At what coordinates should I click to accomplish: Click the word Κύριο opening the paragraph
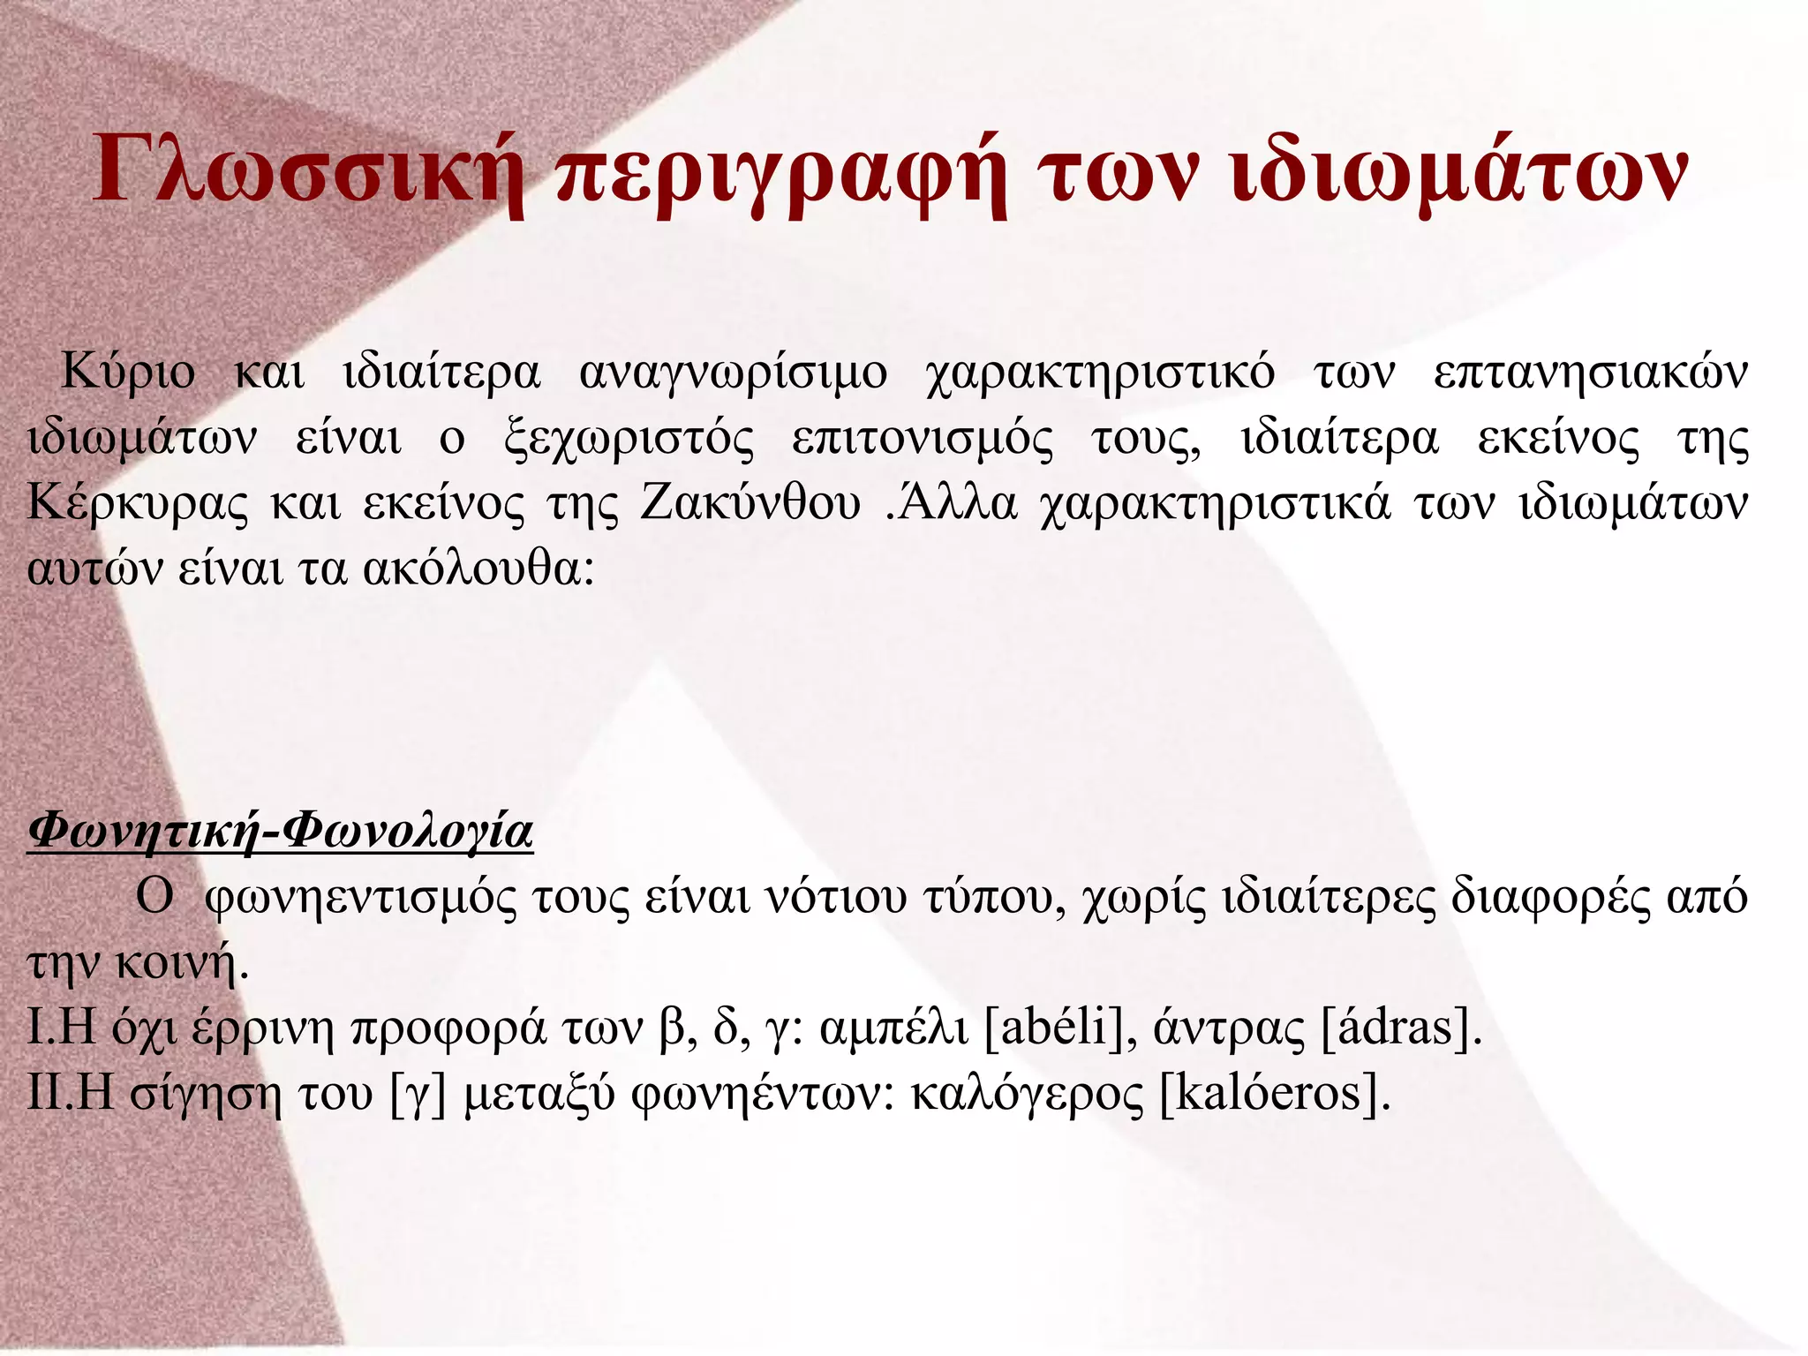coord(127,373)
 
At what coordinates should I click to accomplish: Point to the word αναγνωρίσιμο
coord(734,373)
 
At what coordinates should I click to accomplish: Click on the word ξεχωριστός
coord(629,439)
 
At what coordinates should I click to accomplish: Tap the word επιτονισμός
coord(923,439)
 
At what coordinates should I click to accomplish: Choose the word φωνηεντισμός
coord(362,898)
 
